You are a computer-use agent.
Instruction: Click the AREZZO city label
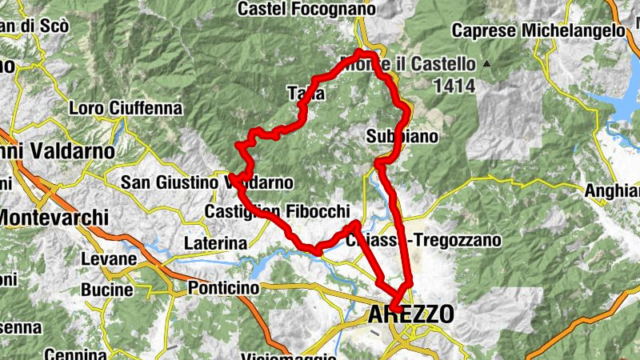(x=410, y=314)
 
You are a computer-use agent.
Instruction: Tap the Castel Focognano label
(x=307, y=9)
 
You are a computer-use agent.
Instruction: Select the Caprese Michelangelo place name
(x=538, y=30)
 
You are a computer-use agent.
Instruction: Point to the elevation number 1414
(x=451, y=84)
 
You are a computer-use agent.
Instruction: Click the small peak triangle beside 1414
(x=486, y=63)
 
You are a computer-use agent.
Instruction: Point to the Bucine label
(x=106, y=289)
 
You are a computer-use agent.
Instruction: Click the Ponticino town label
(x=223, y=287)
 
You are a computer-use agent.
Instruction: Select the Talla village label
(x=306, y=94)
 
